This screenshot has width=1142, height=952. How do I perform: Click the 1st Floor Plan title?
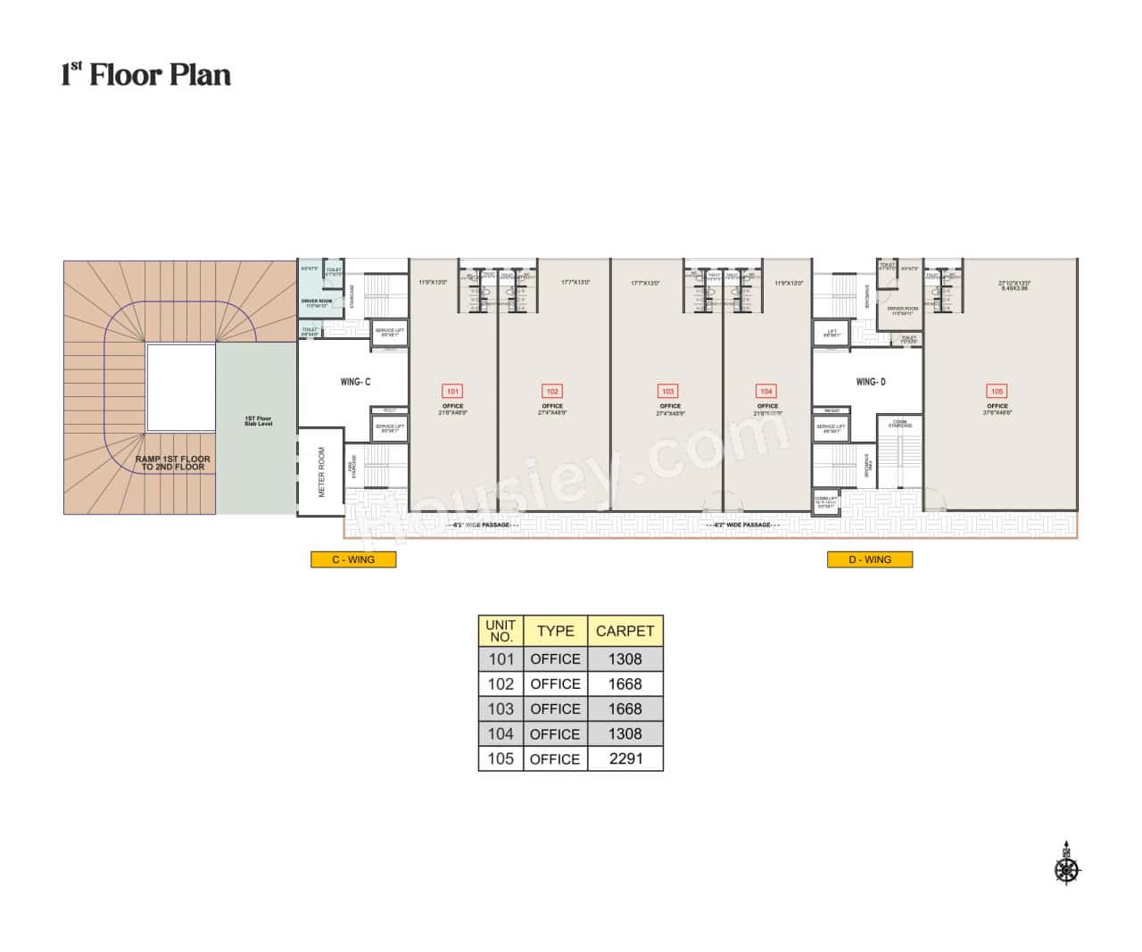pyautogui.click(x=145, y=74)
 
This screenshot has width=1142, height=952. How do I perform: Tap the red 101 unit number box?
pyautogui.click(x=452, y=391)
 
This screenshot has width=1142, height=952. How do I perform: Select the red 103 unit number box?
pyautogui.click(x=667, y=391)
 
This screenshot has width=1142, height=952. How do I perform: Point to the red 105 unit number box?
pyautogui.click(x=997, y=391)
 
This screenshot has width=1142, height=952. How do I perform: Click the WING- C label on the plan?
pyautogui.click(x=355, y=382)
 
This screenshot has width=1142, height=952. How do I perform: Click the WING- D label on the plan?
pyautogui.click(x=871, y=382)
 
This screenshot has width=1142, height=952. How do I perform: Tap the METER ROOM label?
pyautogui.click(x=321, y=472)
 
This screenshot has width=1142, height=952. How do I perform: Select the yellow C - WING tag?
pyautogui.click(x=353, y=559)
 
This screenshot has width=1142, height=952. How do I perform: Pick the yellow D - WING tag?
pyautogui.click(x=869, y=559)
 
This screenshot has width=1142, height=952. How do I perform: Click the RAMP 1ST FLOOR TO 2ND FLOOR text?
pyautogui.click(x=172, y=462)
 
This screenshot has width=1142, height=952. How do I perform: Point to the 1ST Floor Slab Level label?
pyautogui.click(x=258, y=421)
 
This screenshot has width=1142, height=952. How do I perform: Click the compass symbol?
pyautogui.click(x=1066, y=866)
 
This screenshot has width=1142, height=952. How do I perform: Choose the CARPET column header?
pyautogui.click(x=625, y=631)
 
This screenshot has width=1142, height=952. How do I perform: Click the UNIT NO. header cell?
pyautogui.click(x=501, y=631)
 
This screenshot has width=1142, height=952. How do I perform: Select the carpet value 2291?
pyautogui.click(x=625, y=758)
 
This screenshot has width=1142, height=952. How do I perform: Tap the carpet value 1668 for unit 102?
pyautogui.click(x=625, y=683)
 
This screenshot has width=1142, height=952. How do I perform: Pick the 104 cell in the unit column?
pyautogui.click(x=501, y=733)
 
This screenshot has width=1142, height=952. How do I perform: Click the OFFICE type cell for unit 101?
pyautogui.click(x=555, y=658)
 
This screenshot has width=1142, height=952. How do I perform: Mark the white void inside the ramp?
pyautogui.click(x=181, y=388)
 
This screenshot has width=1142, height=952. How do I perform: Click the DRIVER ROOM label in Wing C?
pyautogui.click(x=317, y=302)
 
